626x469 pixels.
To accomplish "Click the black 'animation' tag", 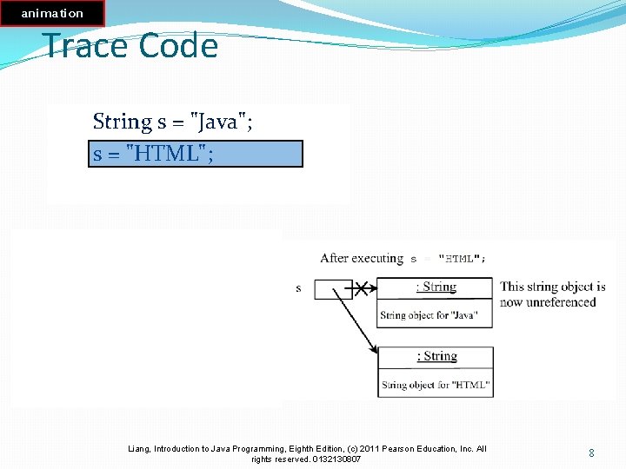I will (x=52, y=13).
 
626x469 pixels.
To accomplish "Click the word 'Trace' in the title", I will (x=86, y=45).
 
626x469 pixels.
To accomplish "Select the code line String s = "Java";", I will (x=173, y=122).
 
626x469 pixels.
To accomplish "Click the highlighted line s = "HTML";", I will (x=196, y=154).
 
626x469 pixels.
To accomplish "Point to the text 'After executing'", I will (x=361, y=258).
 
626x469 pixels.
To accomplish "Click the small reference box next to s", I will (x=333, y=288).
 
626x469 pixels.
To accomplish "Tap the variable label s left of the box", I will (x=299, y=288).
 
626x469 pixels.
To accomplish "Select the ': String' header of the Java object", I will (x=436, y=287).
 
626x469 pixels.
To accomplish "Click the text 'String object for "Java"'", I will (x=429, y=315).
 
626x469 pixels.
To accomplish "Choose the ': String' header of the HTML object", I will (x=436, y=356).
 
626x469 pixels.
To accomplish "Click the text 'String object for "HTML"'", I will (x=435, y=385).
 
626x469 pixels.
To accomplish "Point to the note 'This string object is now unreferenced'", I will (x=552, y=294).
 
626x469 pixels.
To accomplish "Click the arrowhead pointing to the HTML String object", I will (x=374, y=349).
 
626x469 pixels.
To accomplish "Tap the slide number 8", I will (x=591, y=453).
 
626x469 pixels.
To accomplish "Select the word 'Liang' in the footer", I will (x=139, y=449).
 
